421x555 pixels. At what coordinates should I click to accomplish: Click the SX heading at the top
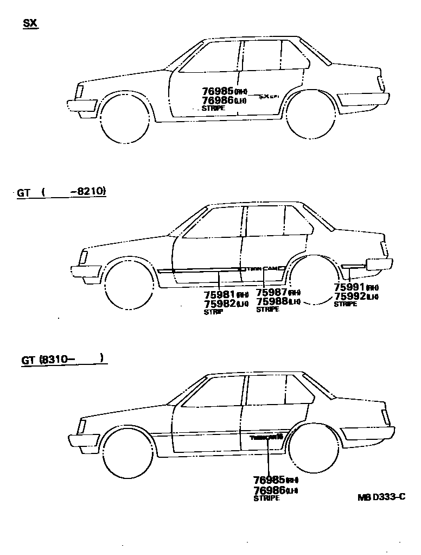click(30, 24)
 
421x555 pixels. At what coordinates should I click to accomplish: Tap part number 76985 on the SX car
click(218, 91)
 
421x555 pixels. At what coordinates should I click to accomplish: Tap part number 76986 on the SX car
click(218, 100)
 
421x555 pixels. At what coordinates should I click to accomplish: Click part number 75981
click(219, 295)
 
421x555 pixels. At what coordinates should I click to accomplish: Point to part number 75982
click(219, 304)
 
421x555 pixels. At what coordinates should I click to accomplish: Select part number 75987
click(272, 292)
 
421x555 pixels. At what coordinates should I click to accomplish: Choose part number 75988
click(272, 301)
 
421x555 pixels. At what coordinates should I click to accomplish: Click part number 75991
click(349, 287)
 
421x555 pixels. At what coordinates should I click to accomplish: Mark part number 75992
click(349, 296)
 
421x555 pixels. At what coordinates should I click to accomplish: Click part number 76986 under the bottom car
click(270, 490)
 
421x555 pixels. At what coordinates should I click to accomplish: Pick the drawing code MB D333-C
click(381, 496)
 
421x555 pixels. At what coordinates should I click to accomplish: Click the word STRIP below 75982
click(214, 312)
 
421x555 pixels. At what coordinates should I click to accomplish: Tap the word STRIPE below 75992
click(345, 304)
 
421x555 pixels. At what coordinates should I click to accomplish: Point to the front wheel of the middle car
click(128, 286)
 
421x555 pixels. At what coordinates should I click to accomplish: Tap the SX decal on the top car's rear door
click(268, 97)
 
